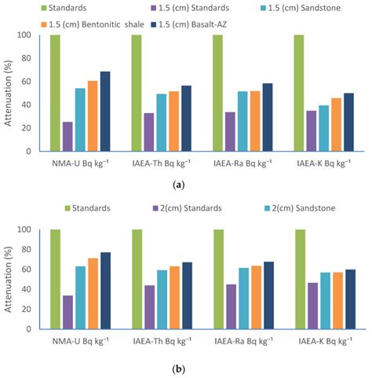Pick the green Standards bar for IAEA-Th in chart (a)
[x=137, y=93]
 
